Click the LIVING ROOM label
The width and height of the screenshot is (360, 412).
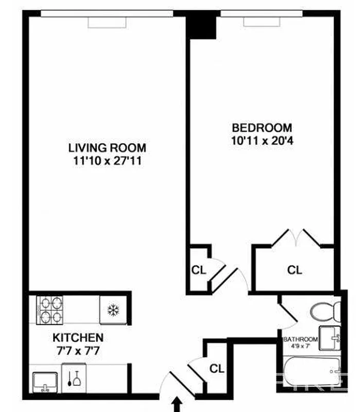[107, 148]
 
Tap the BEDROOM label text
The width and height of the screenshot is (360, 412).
[262, 127]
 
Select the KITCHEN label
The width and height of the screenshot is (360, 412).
[78, 338]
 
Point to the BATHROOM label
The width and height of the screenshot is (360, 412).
[301, 339]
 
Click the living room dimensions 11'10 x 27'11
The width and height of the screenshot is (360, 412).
[107, 161]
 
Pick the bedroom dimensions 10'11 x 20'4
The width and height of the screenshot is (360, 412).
[262, 141]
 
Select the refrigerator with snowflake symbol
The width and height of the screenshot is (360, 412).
[113, 310]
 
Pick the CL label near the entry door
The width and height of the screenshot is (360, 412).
[217, 369]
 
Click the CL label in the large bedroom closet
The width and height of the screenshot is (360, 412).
[295, 269]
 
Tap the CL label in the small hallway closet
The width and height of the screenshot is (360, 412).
[198, 270]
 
